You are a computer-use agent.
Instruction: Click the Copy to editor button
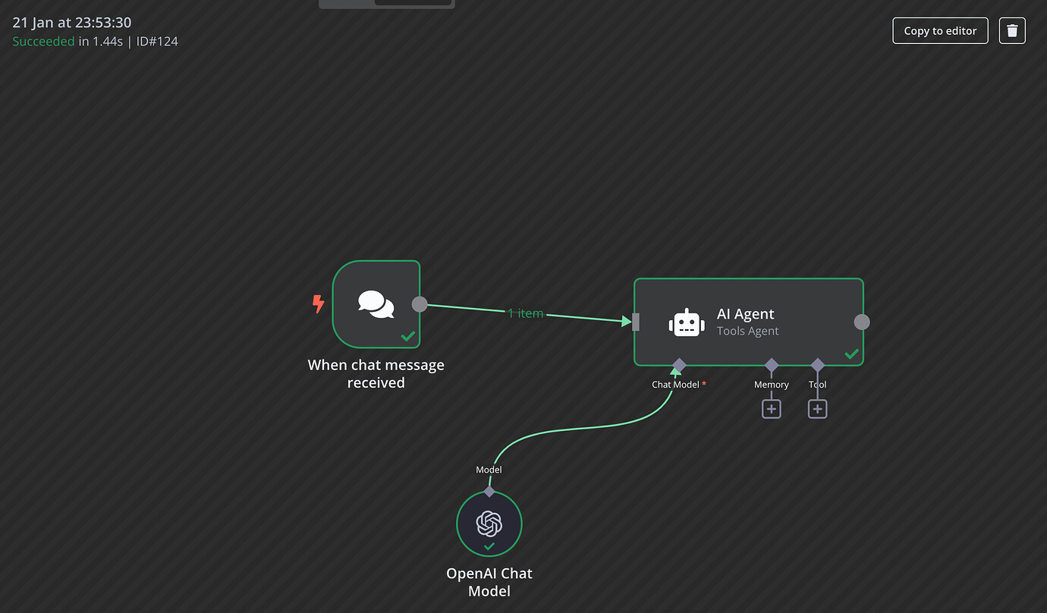click(x=940, y=31)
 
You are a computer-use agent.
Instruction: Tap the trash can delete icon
click(x=1012, y=31)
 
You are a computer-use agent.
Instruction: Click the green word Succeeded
click(x=43, y=42)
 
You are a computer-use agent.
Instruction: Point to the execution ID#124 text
click(x=157, y=42)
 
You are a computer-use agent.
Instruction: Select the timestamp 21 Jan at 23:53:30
click(x=72, y=23)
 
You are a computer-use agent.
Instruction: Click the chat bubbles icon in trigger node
click(x=376, y=304)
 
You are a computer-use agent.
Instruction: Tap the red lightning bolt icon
click(x=319, y=304)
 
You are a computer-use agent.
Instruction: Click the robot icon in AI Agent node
click(x=687, y=322)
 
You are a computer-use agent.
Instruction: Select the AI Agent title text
click(x=745, y=314)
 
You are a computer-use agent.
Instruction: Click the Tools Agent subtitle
click(x=747, y=331)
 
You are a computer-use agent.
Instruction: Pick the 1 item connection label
click(x=526, y=313)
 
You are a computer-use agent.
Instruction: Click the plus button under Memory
click(x=772, y=409)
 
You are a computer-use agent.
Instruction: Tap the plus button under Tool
click(x=817, y=409)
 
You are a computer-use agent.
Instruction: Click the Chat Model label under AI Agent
click(x=675, y=385)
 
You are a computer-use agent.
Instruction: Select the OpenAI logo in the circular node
click(x=489, y=523)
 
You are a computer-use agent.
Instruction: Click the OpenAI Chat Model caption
click(x=489, y=582)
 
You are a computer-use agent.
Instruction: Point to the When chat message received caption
click(x=376, y=373)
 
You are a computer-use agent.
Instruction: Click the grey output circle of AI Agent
click(x=862, y=322)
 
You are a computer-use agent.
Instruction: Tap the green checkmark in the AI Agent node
click(x=851, y=354)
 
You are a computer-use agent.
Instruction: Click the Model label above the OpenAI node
click(x=489, y=470)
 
